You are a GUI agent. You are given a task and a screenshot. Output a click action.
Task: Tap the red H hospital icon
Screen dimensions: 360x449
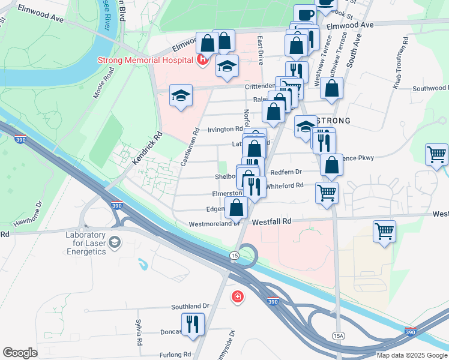(203, 59)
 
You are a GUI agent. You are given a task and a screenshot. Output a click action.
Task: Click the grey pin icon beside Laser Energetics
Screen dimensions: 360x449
(115, 242)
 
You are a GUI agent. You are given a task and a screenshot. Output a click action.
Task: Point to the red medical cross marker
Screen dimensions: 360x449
(238, 296)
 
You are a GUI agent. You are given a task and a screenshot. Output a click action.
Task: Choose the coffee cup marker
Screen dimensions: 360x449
(306, 14)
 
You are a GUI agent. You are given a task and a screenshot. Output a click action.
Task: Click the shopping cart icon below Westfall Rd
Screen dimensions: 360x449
(384, 230)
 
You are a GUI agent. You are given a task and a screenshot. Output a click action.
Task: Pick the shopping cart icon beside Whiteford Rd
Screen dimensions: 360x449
(327, 193)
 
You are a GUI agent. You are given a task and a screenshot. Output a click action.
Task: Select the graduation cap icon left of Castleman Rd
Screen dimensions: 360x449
(180, 96)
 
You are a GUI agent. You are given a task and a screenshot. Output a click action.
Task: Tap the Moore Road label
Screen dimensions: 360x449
(103, 83)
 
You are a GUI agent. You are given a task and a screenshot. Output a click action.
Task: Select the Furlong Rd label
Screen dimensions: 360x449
(175, 355)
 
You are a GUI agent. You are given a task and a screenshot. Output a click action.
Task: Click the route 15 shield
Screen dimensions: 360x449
(233, 256)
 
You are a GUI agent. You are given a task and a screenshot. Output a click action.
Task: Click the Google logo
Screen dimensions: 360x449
(20, 352)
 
